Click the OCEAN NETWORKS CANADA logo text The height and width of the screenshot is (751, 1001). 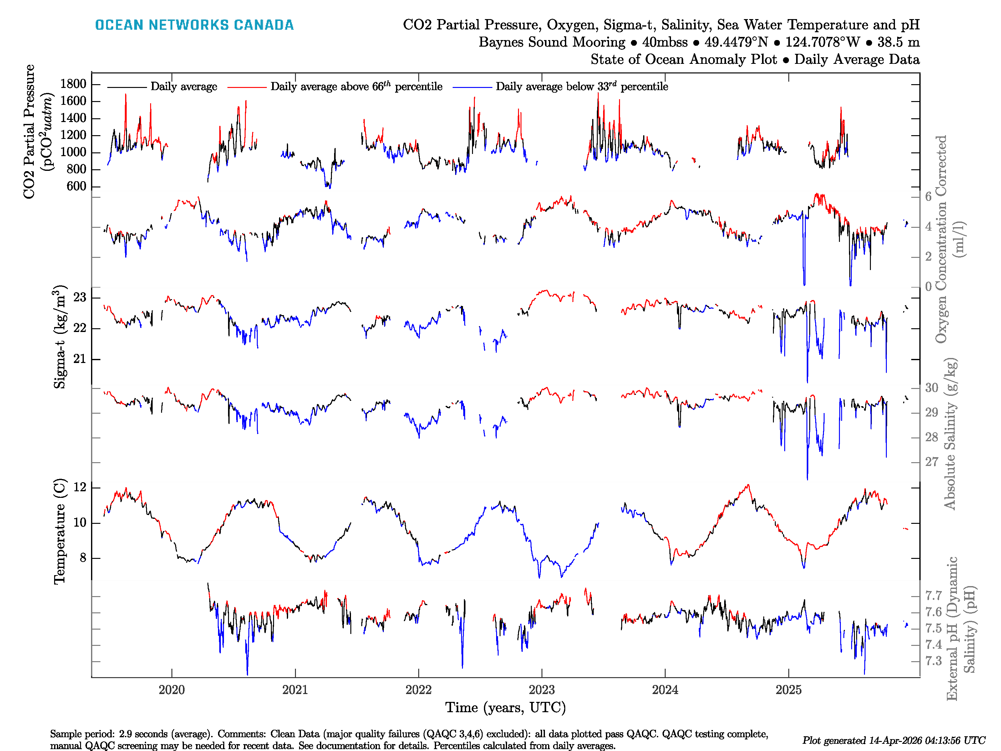pyautogui.click(x=194, y=25)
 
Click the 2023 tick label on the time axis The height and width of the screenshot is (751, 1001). pyautogui.click(x=542, y=690)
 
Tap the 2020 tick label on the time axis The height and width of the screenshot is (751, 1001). pyautogui.click(x=171, y=690)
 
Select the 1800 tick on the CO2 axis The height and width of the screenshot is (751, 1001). pyautogui.click(x=73, y=84)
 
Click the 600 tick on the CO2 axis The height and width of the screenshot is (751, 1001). pyautogui.click(x=76, y=186)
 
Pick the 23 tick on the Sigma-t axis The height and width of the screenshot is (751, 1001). pyautogui.click(x=80, y=297)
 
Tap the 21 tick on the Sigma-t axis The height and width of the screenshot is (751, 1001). pyautogui.click(x=80, y=359)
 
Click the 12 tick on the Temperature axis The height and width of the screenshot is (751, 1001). pyautogui.click(x=80, y=488)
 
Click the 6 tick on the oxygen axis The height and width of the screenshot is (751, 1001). pyautogui.click(x=928, y=197)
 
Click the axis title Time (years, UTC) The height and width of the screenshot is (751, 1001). pyautogui.click(x=506, y=708)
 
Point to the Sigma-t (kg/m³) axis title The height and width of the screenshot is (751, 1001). pyautogui.click(x=60, y=336)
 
